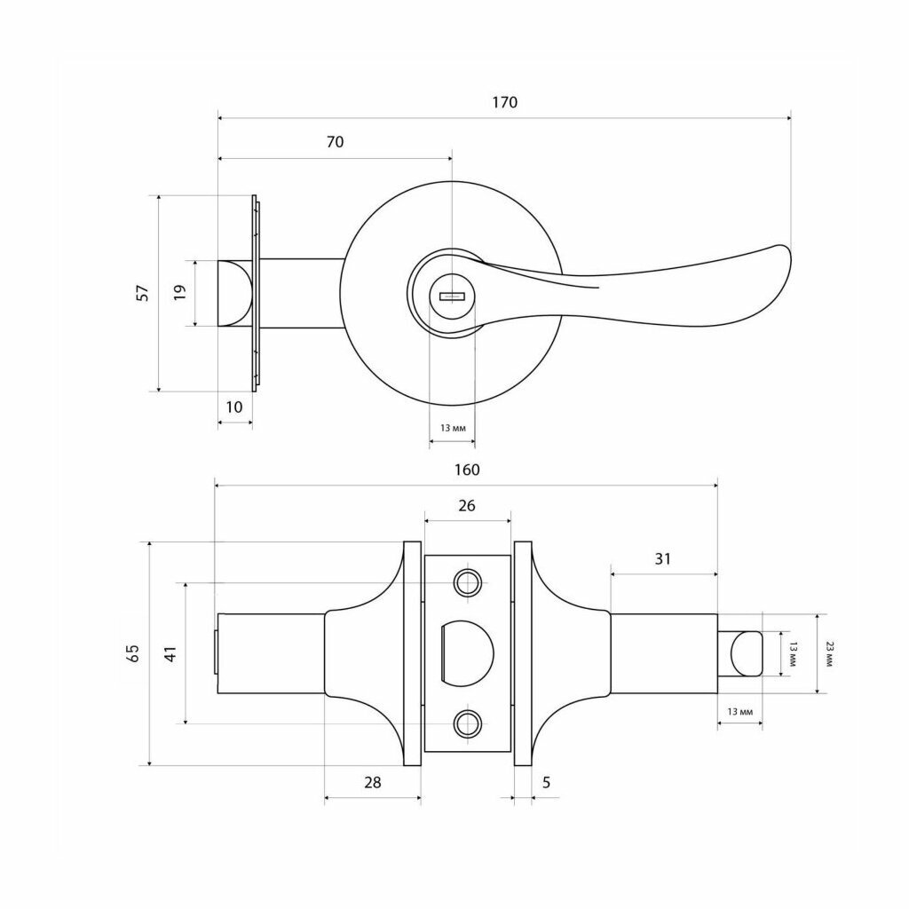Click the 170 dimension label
tap(504, 103)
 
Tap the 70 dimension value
tap(335, 142)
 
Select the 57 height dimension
tap(144, 292)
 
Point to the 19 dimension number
tap(179, 292)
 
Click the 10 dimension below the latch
tap(234, 407)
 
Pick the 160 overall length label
tap(467, 470)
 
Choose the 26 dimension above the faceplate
tap(467, 506)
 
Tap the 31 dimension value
tap(662, 559)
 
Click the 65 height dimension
tap(133, 653)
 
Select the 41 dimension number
tap(170, 653)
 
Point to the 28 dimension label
tap(373, 783)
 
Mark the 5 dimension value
tap(546, 783)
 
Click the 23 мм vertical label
tap(828, 653)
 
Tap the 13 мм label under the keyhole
tap(453, 429)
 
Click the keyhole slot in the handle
tap(452, 297)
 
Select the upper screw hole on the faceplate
tap(467, 582)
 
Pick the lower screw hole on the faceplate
tap(467, 723)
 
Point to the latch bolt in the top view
tap(234, 293)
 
